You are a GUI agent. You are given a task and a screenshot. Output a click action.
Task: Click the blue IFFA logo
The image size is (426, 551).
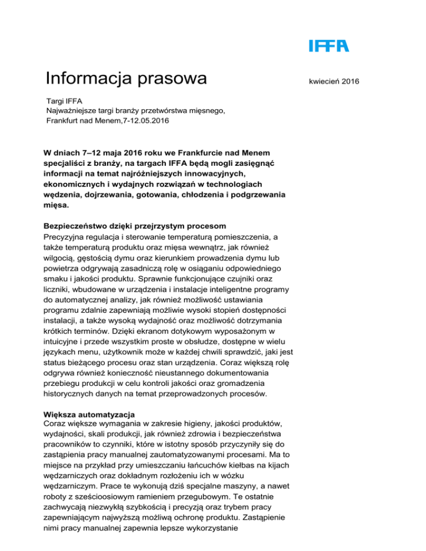(x=329, y=45)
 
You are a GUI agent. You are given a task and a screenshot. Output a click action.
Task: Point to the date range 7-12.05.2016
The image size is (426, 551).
(x=141, y=120)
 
